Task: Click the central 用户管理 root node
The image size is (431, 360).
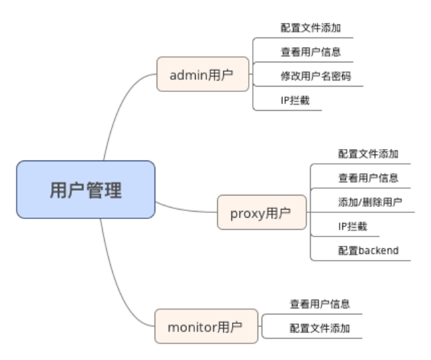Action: tap(85, 189)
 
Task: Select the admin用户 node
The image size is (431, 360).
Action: tap(201, 74)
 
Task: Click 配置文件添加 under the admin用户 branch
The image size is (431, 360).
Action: tap(311, 28)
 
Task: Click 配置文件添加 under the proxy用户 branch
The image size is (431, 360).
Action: tap(368, 154)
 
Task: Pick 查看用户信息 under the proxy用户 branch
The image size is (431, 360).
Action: tap(368, 178)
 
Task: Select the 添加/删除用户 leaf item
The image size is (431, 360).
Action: tap(370, 202)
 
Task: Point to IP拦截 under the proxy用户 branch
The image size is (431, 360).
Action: tap(352, 226)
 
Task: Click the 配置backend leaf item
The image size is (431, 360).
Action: tap(368, 251)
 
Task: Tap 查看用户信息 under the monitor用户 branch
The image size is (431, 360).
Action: tap(320, 304)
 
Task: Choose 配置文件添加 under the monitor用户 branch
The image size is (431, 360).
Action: tap(320, 328)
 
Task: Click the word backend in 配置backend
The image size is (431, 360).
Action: tap(378, 251)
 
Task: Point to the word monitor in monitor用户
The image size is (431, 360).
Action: tap(192, 327)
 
